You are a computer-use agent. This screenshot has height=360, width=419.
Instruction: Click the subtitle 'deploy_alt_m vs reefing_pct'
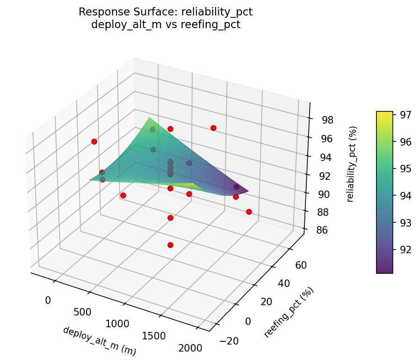166,25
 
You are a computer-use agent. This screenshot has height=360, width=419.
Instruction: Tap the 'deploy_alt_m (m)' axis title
99,341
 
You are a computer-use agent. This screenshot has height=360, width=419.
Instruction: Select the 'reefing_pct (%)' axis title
289,312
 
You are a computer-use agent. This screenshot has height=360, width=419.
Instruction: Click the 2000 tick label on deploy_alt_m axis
190,348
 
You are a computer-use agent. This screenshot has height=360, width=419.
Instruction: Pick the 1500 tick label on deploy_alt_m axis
153,336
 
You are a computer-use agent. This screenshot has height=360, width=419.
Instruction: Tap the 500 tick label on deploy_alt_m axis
82,312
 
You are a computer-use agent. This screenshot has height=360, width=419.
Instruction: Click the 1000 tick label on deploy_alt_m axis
117,323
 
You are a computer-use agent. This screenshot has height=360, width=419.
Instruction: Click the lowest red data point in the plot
170,245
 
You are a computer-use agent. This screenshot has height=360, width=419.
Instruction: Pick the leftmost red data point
94,141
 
